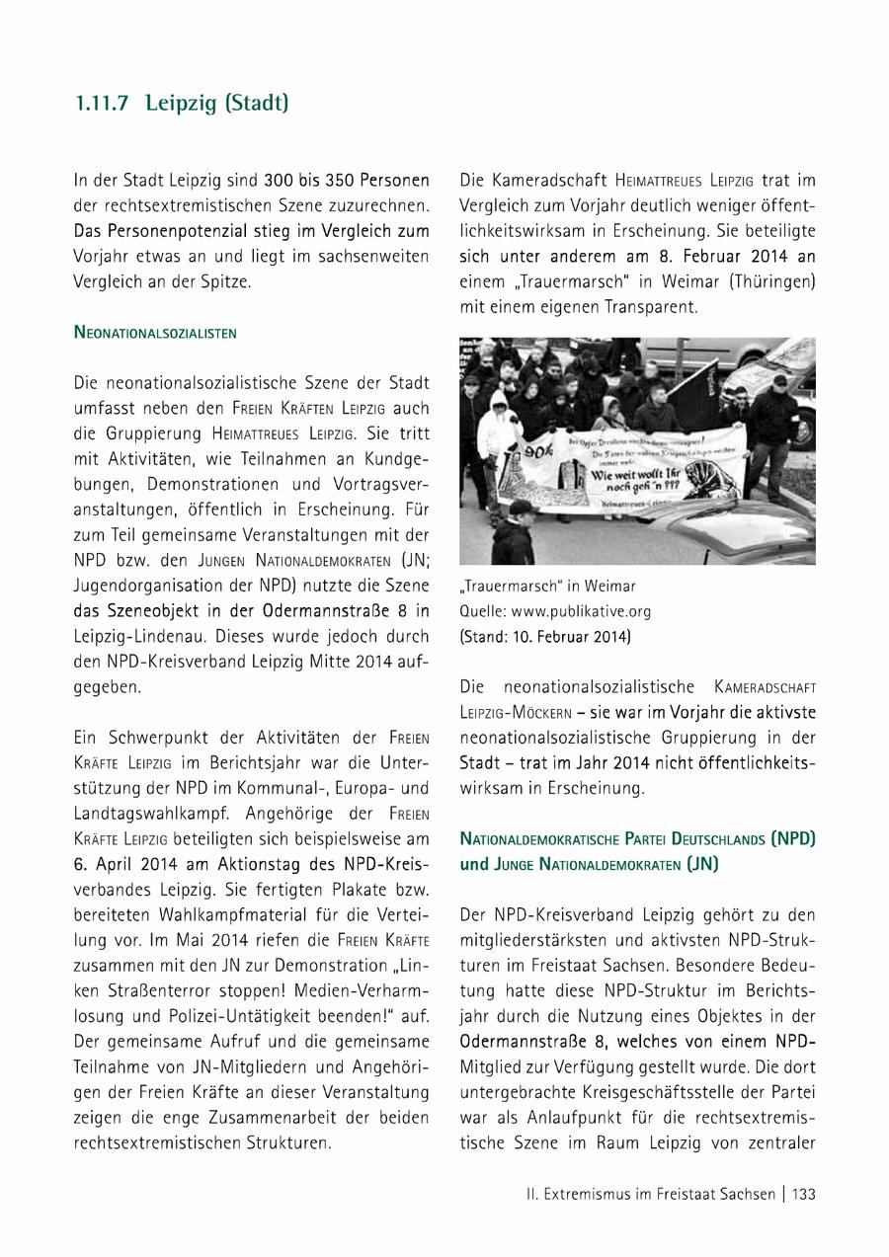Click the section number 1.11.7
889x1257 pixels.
102,103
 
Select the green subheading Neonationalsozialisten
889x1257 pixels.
155,333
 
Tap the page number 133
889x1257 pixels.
804,1194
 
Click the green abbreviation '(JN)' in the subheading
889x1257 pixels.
698,864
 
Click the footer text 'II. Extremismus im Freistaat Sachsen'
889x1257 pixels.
651,1194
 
